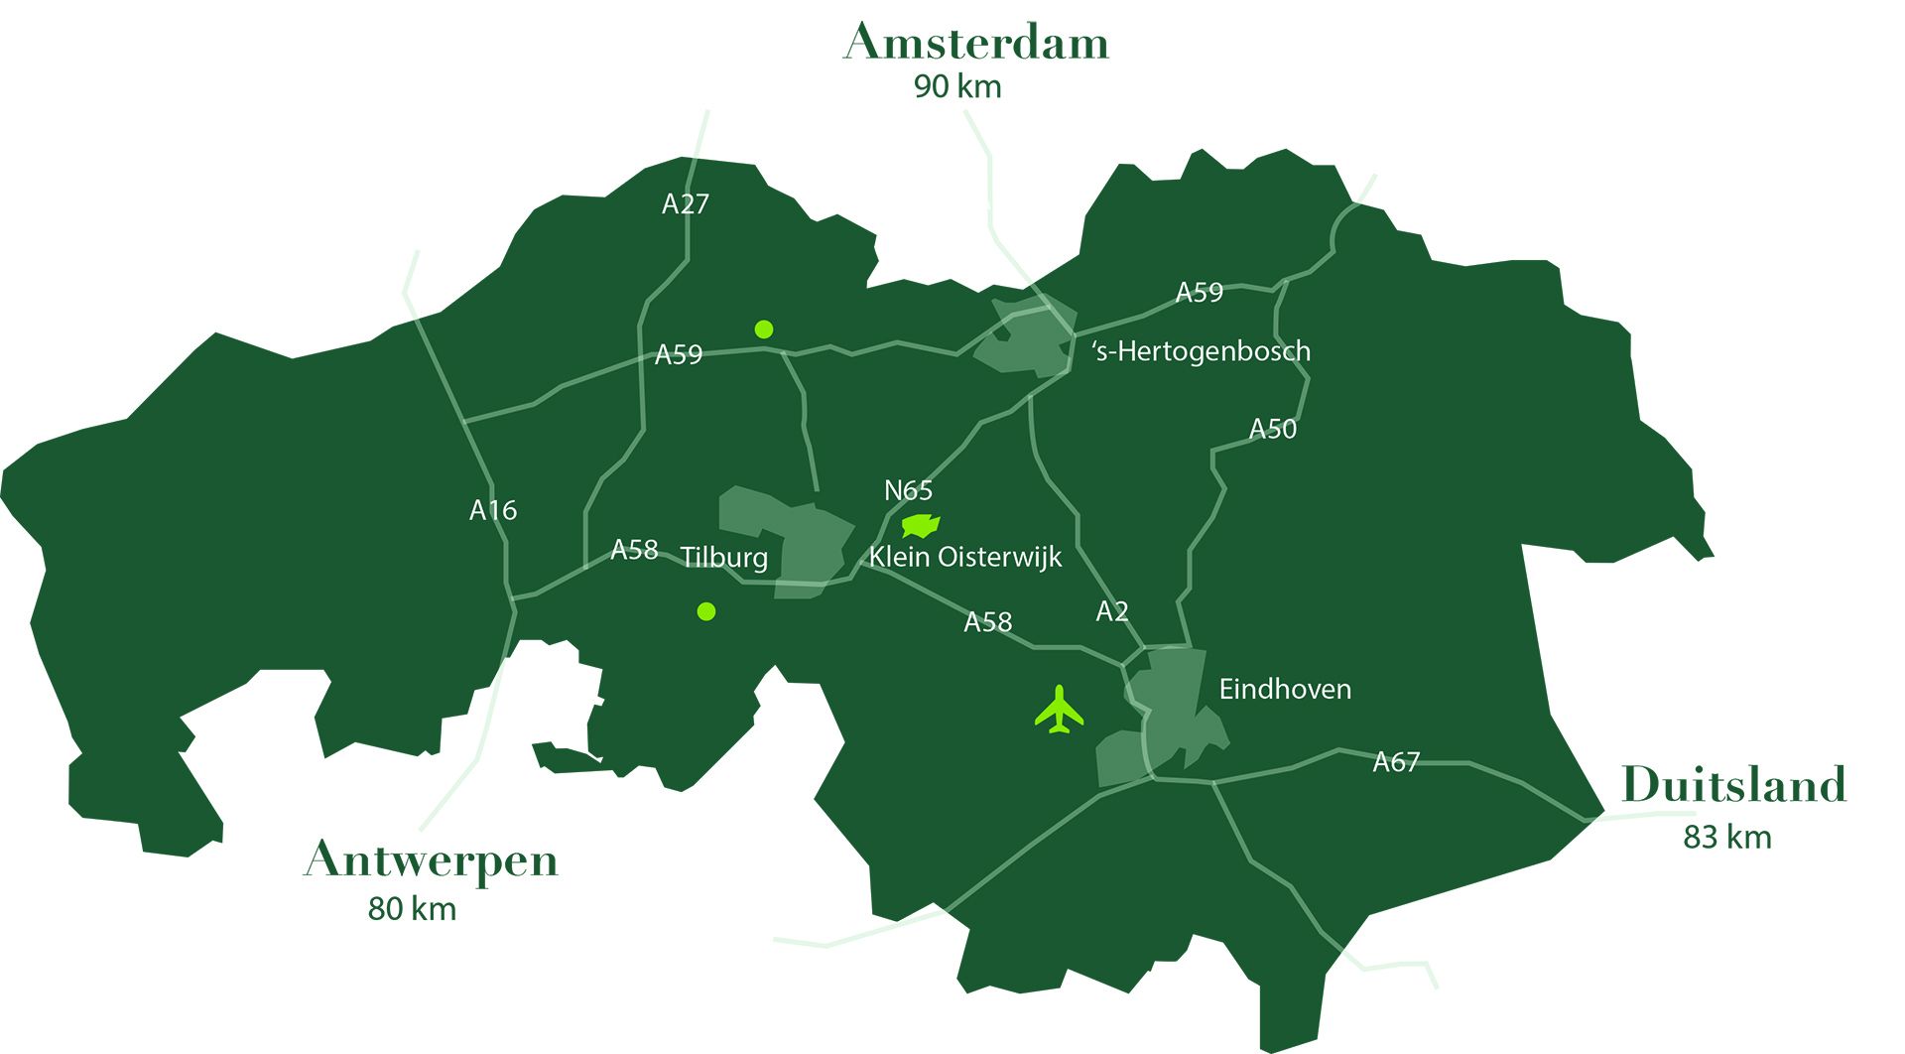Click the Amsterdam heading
coord(975,43)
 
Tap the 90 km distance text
coord(956,87)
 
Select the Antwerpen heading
coord(431,860)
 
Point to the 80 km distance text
coord(412,909)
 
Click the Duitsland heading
coord(1733,785)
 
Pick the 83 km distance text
coord(1726,838)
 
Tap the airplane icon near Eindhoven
coord(1060,711)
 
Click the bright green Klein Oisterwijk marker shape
coord(920,525)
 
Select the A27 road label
coord(686,204)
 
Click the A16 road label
coord(493,510)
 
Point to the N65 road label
coord(908,490)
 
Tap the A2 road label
coord(1111,611)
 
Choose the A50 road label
coord(1272,429)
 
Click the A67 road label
coord(1396,762)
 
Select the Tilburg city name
coord(724,557)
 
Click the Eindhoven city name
coord(1285,689)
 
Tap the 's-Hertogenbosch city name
coord(1202,351)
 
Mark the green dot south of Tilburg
coord(706,611)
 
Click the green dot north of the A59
coord(763,329)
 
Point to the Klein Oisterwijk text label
coord(965,557)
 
